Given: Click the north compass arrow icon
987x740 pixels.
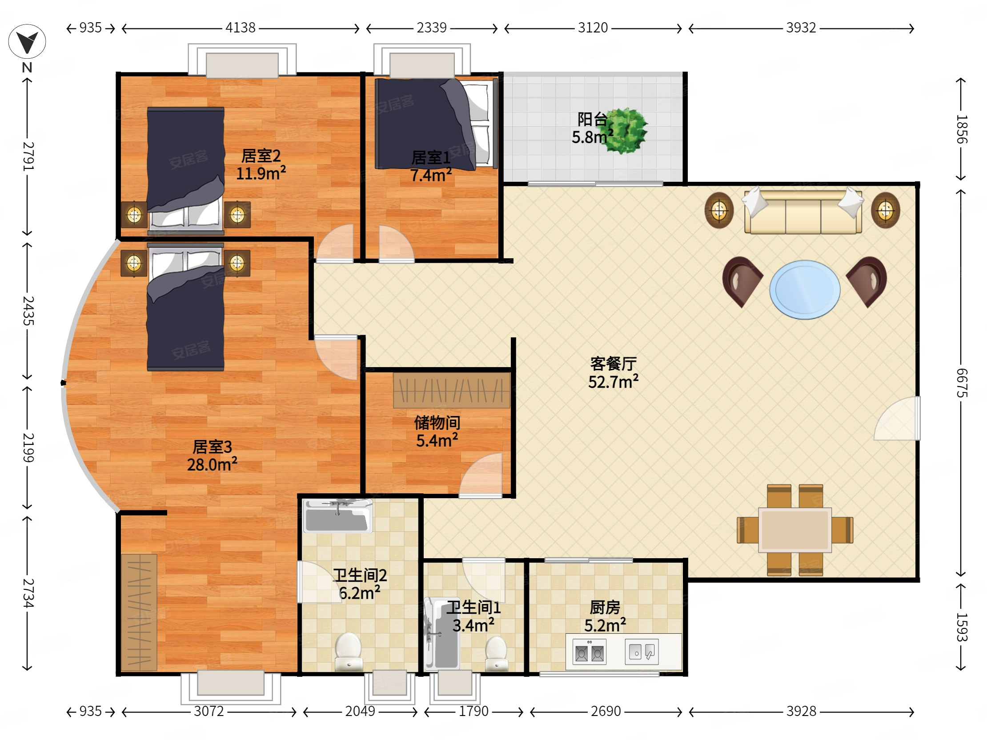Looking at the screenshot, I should pyautogui.click(x=27, y=41).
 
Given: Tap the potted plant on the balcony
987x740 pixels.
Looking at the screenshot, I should pyautogui.click(x=627, y=131).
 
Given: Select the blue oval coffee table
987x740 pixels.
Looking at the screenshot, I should pyautogui.click(x=805, y=289).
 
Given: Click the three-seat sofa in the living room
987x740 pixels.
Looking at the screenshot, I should pyautogui.click(x=803, y=212).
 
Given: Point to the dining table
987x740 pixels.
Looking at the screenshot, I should pyautogui.click(x=794, y=530).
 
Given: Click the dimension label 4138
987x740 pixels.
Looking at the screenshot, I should pyautogui.click(x=240, y=28).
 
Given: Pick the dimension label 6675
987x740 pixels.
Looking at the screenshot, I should pyautogui.click(x=962, y=383).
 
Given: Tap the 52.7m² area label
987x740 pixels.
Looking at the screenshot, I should pyautogui.click(x=613, y=382).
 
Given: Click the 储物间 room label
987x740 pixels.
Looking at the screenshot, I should pyautogui.click(x=437, y=422).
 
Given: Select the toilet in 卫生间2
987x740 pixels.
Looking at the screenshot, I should pyautogui.click(x=349, y=652).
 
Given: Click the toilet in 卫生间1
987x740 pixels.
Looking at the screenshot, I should pyautogui.click(x=496, y=653).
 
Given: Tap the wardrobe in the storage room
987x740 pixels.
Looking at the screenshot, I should pyautogui.click(x=452, y=391).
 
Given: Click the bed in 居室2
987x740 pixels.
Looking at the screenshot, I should pyautogui.click(x=186, y=169).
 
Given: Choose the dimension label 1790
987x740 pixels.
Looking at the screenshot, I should pyautogui.click(x=473, y=712).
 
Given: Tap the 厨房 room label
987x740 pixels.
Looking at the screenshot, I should pyautogui.click(x=605, y=607).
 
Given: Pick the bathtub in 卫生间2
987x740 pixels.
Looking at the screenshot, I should pyautogui.click(x=338, y=516).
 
